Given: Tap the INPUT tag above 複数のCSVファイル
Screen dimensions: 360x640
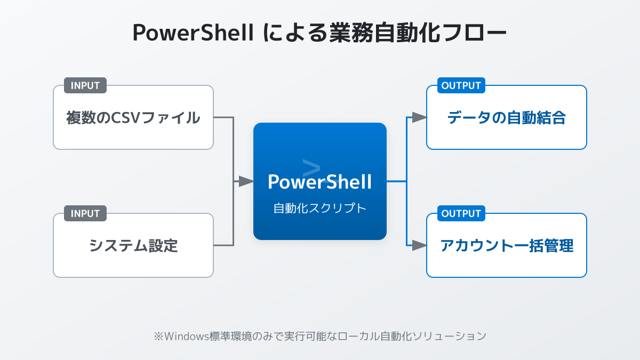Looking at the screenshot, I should (x=85, y=85).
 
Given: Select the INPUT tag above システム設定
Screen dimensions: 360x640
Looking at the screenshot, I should (x=85, y=213).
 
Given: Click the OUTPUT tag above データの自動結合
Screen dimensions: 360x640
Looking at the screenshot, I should (x=461, y=85).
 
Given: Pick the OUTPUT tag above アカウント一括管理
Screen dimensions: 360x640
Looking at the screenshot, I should (x=461, y=213).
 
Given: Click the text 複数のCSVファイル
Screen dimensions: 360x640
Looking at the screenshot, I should (x=133, y=117).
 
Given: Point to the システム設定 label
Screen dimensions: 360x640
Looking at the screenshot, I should (x=133, y=245).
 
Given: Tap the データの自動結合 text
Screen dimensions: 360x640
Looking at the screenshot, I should (x=507, y=117).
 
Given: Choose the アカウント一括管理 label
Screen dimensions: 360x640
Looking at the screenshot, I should (x=507, y=245).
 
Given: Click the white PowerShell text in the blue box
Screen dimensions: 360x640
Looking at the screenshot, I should (x=320, y=182).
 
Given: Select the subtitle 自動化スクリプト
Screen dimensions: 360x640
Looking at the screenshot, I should (x=320, y=209).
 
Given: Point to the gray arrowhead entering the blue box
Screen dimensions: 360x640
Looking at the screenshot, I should (x=246, y=181).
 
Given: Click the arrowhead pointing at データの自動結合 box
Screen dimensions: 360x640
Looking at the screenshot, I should (x=420, y=117).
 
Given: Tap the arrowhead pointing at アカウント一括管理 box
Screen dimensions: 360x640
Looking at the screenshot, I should (x=420, y=245).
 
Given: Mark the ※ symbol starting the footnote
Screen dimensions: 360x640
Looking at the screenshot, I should (x=158, y=336).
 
